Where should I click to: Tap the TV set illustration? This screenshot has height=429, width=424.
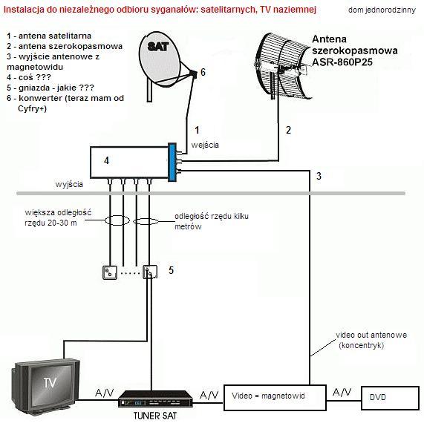(x=46, y=386)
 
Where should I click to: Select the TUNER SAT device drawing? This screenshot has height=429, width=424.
(x=155, y=399)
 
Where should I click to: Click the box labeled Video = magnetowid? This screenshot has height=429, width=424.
(x=275, y=398)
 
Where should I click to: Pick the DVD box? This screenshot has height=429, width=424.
(x=391, y=398)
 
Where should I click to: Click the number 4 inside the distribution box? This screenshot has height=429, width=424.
(x=106, y=160)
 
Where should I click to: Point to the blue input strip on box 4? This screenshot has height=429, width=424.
(x=172, y=163)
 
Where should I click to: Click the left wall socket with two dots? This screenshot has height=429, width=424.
(x=110, y=272)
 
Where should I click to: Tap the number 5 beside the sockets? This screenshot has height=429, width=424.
(x=171, y=270)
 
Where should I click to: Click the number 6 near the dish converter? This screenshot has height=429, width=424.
(x=203, y=72)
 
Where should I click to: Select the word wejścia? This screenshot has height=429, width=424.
(x=205, y=145)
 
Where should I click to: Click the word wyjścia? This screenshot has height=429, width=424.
(x=69, y=184)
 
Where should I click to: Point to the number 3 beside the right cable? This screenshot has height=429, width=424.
(x=319, y=176)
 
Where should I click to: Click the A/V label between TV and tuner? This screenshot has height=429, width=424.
(x=104, y=393)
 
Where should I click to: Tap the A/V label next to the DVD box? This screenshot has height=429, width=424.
(x=342, y=393)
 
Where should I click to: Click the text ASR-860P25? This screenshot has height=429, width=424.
(x=342, y=62)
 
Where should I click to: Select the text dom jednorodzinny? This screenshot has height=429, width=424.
(x=382, y=10)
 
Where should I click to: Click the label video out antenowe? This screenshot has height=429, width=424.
(x=371, y=335)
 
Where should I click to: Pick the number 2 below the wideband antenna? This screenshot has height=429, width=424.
(x=288, y=130)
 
